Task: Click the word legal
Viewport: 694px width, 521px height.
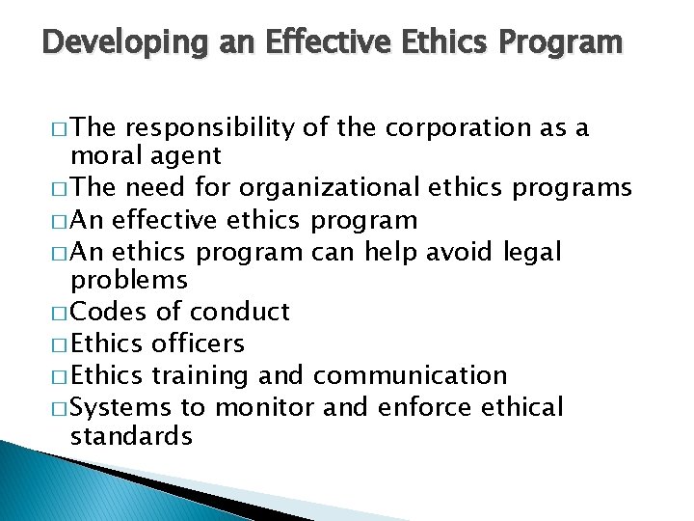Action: (532, 252)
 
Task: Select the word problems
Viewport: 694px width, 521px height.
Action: (129, 280)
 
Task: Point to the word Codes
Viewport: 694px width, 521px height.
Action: (110, 312)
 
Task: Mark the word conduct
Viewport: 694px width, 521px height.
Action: (240, 312)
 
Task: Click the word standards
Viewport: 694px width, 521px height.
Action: (132, 435)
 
